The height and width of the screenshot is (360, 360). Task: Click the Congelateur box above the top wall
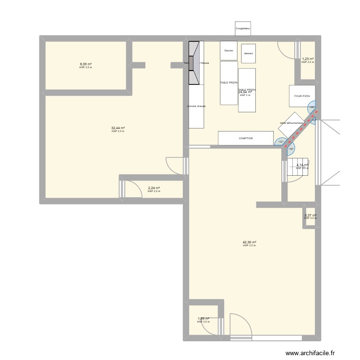coord(243,29)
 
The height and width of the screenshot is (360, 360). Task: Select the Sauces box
coord(228,50)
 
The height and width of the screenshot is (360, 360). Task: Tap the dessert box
coord(248,53)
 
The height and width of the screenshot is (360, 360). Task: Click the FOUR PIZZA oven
coord(302,96)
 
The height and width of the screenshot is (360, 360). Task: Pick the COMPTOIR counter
coord(246,138)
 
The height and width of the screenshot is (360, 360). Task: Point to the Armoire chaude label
coord(196,106)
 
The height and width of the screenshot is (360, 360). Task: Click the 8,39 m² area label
coord(86,64)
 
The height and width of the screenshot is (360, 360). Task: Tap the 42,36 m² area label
coord(249,242)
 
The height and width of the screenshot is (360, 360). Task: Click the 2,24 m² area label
coord(154,188)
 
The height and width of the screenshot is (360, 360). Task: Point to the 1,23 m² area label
coord(308,59)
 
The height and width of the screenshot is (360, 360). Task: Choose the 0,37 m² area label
coord(311,216)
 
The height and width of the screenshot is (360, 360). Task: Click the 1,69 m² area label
coord(203,319)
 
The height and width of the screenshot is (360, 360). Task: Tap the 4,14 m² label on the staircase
coord(302,165)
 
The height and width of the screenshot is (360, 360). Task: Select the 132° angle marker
coord(280,142)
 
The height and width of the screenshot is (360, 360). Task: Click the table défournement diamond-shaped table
coord(292,124)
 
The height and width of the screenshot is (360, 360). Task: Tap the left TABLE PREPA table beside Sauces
coord(229,83)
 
